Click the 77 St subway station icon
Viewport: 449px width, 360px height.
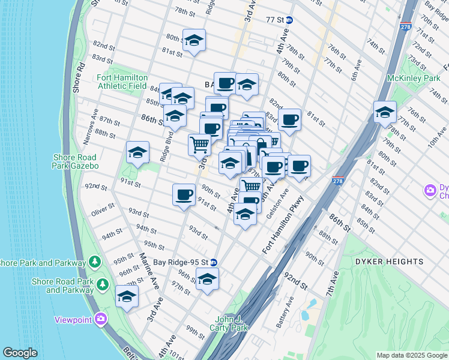[289, 20]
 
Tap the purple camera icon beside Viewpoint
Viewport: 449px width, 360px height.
[100, 319]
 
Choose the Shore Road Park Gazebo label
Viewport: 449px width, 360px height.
[76, 161]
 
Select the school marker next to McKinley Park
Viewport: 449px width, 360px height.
[385, 112]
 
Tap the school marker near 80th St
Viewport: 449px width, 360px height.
[194, 40]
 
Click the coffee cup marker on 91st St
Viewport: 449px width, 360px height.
[184, 194]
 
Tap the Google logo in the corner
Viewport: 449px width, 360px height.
[20, 353]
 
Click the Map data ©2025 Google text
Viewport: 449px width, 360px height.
[411, 355]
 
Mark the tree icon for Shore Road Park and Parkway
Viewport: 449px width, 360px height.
[95, 262]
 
